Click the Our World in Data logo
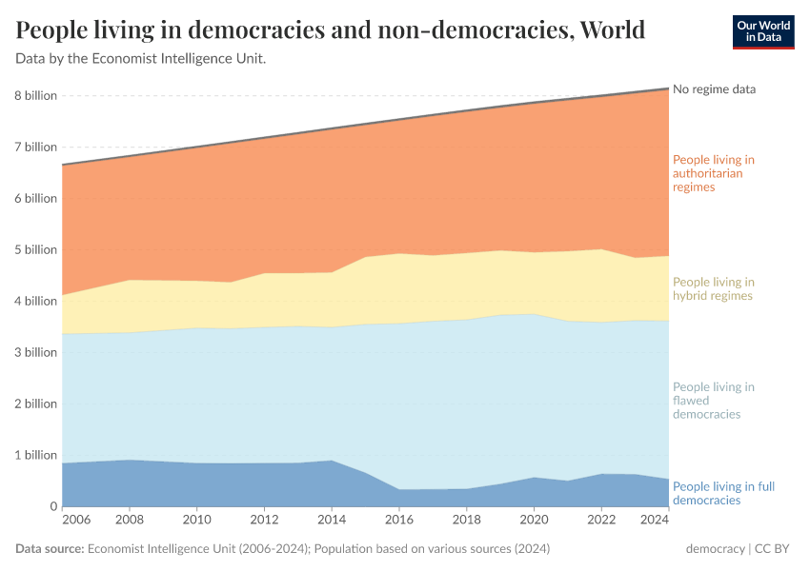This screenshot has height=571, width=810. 762,31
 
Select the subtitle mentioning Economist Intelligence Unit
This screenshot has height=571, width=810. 140,59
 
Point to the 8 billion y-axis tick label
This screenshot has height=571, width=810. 35,96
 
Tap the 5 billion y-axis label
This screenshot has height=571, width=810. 35,249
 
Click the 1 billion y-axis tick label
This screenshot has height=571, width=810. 35,455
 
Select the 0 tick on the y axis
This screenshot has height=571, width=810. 53,506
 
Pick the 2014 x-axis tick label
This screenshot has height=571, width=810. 332,521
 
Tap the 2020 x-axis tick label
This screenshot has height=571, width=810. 534,521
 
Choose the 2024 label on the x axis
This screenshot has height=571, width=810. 655,521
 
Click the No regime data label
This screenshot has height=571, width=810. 714,89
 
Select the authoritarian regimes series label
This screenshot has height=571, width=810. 713,173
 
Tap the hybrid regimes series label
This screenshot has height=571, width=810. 713,288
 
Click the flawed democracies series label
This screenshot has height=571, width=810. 713,401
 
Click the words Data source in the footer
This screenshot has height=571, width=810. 50,550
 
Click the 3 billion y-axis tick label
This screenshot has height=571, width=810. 35,352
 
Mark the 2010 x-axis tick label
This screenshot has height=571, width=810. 196,521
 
